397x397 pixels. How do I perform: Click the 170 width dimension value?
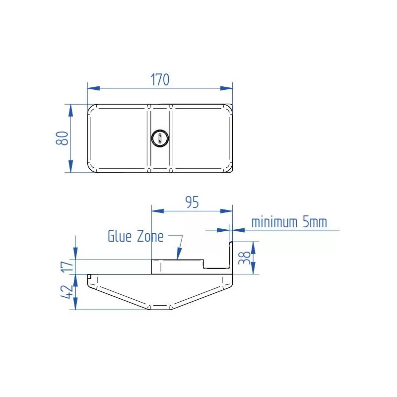coord(160,79)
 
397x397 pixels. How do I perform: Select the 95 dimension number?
coord(192,202)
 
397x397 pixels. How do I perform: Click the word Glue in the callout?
coord(119,236)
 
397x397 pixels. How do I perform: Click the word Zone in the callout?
coord(149,236)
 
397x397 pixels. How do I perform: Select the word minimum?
coord(274,222)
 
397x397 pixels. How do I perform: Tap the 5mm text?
coord(315,222)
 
